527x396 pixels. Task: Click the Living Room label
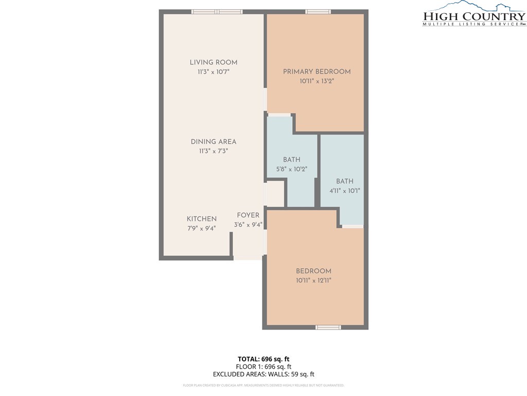[x=213, y=62]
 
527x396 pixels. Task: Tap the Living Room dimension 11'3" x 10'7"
[x=213, y=72]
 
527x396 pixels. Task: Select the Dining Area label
[x=213, y=142]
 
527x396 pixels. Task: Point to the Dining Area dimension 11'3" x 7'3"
[x=213, y=151]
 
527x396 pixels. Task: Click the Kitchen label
[x=201, y=219]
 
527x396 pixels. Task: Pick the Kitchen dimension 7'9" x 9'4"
[x=201, y=228]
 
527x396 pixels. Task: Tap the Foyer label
[x=248, y=215]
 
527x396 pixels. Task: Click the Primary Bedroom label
[x=317, y=72]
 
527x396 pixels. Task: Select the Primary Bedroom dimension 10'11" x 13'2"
[x=317, y=81]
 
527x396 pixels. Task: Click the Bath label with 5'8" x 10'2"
[x=291, y=160]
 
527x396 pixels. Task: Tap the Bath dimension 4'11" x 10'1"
[x=344, y=190]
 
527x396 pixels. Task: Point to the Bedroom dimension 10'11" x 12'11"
[x=313, y=280]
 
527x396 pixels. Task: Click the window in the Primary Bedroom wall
[x=318, y=11]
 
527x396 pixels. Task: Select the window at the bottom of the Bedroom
[x=328, y=327]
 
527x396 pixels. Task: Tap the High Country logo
[x=474, y=14]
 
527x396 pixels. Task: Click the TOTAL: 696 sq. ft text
[x=263, y=359]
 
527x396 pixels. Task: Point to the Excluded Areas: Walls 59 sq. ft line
[x=263, y=374]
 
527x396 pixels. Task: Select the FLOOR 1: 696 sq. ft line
[x=263, y=367]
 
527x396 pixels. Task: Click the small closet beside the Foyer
[x=275, y=194]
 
